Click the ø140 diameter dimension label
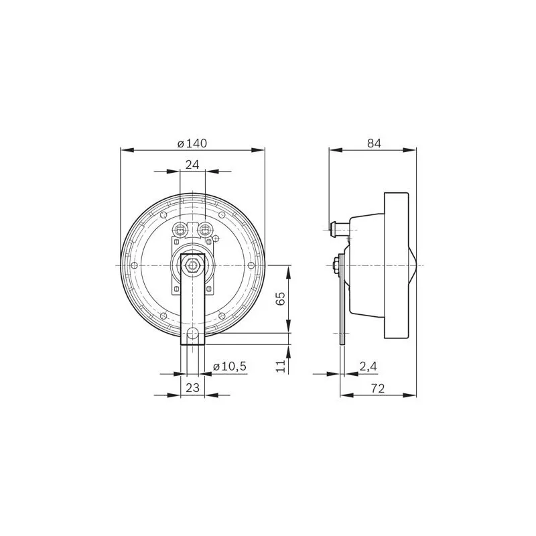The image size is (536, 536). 192,143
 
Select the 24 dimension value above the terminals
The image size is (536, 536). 192,165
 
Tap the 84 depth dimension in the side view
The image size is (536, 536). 374,143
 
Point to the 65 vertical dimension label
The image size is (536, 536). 280,299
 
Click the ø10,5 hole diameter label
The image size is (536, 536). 229,366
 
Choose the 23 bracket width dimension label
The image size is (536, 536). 192,388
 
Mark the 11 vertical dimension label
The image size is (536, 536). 280,366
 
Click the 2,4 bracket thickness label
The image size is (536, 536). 368,366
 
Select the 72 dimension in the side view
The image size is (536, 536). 377,388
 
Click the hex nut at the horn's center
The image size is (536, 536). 192,265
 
